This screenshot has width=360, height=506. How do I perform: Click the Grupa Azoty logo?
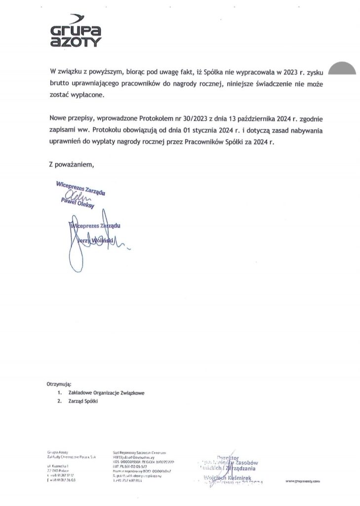(x=76, y=33)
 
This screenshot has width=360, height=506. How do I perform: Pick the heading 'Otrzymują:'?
(x=59, y=383)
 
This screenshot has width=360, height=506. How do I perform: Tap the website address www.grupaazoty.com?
(x=303, y=480)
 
